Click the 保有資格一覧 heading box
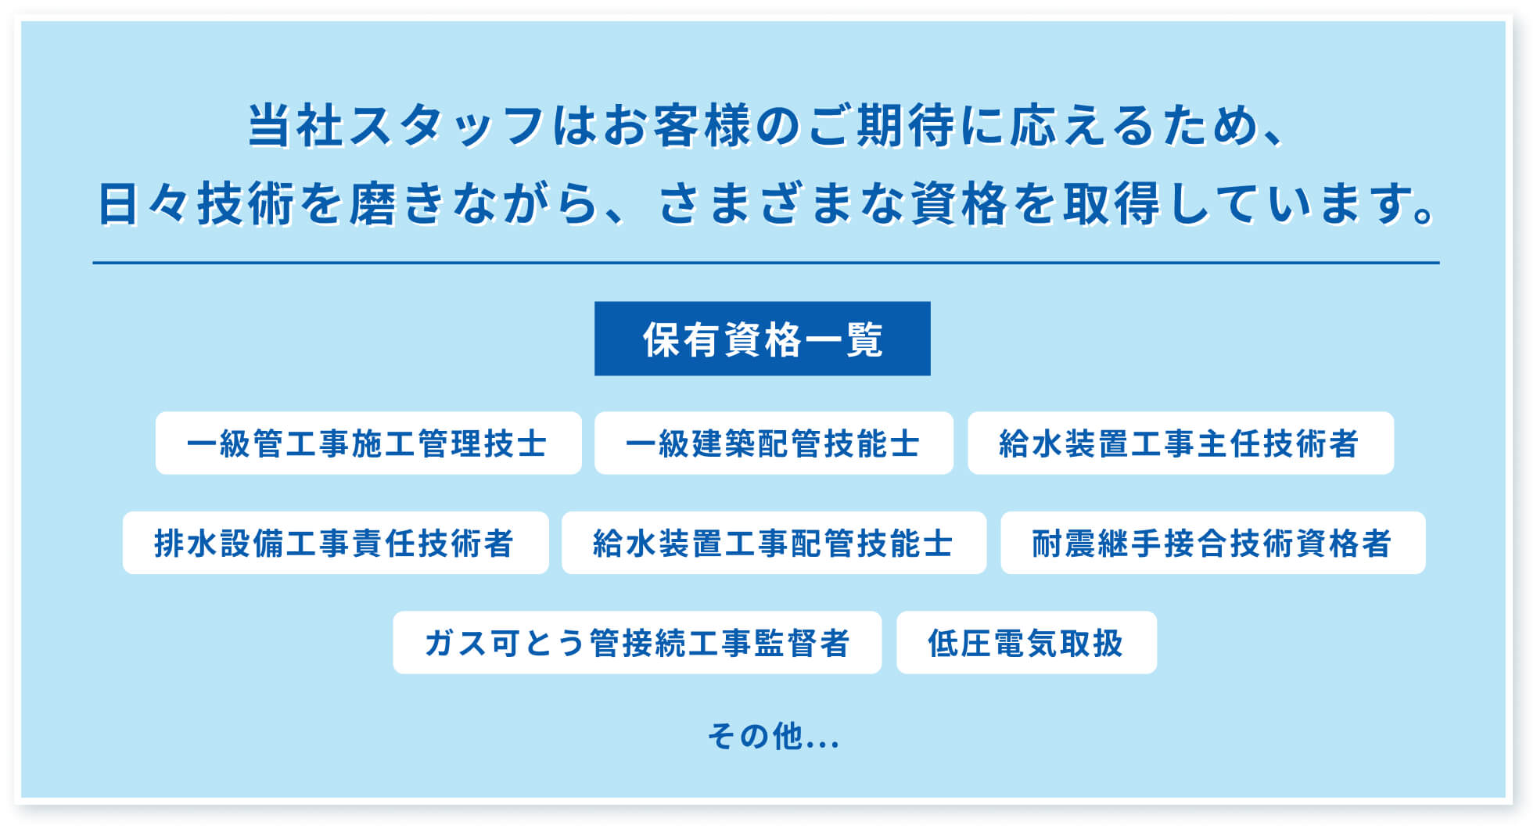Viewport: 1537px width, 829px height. (762, 339)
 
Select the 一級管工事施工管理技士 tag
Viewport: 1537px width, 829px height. (368, 443)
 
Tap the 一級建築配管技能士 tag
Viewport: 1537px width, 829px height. (774, 443)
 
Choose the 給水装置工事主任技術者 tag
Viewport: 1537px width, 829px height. (1180, 443)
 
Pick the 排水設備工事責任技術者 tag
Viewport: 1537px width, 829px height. (336, 543)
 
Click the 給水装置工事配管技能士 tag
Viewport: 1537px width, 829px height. (774, 543)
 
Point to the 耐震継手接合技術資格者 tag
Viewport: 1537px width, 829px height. (1213, 543)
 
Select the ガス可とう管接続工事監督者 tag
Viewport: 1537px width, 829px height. (637, 642)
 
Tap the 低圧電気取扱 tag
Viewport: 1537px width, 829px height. (1026, 642)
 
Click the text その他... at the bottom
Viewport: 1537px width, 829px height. (774, 736)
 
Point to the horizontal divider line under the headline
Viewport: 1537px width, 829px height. (766, 263)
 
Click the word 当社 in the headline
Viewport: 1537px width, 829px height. (295, 125)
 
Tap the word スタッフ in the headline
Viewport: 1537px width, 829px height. (446, 125)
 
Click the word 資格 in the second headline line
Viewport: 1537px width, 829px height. (961, 203)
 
